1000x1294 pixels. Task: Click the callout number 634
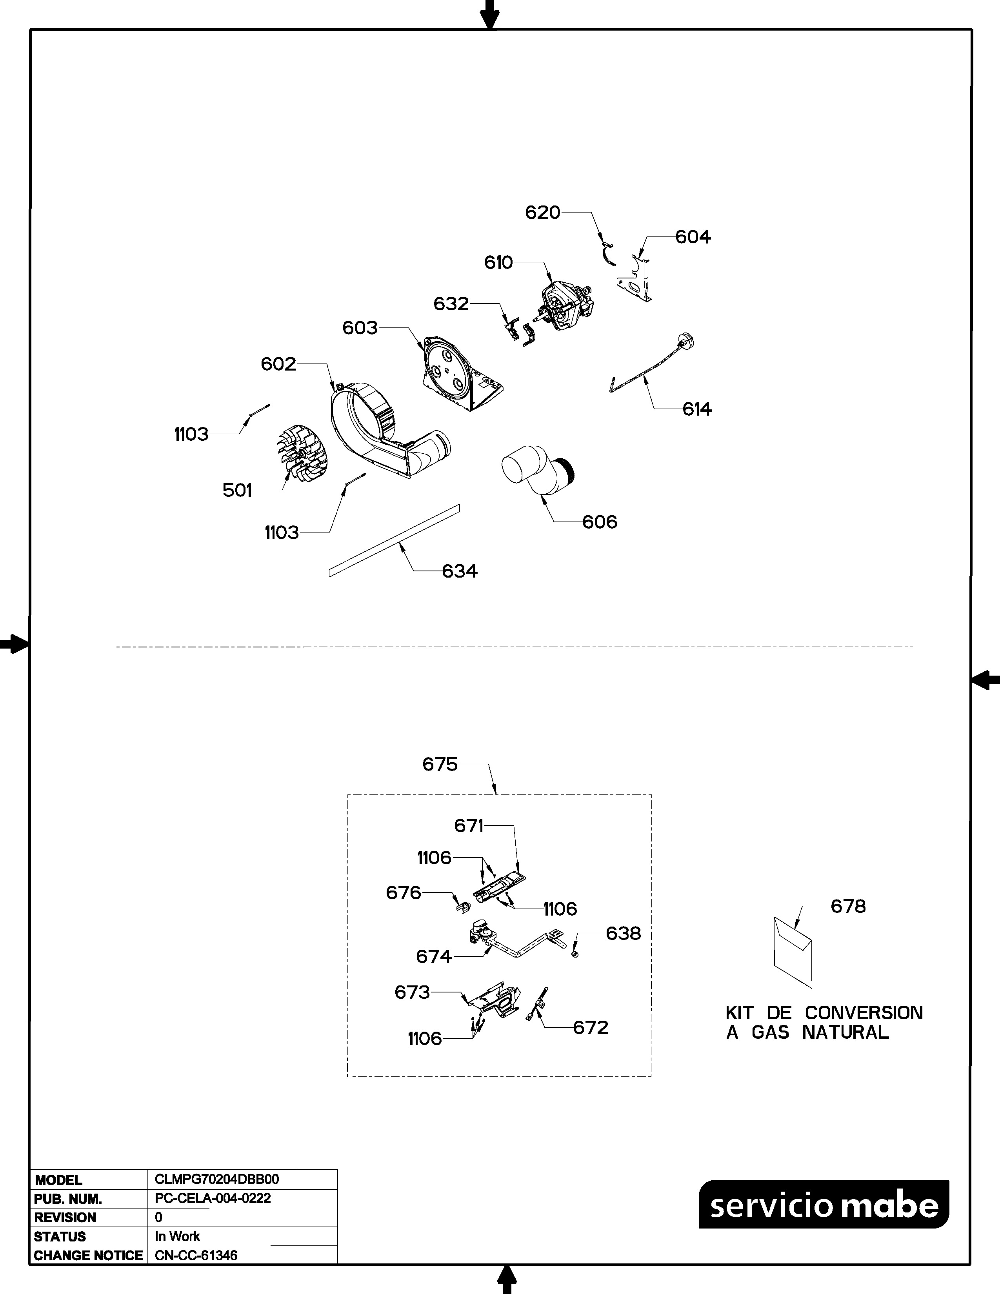(460, 571)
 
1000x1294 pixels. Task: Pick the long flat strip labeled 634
(395, 540)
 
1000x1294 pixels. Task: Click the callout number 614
(697, 409)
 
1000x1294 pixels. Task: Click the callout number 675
(440, 764)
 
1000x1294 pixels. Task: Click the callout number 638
(623, 933)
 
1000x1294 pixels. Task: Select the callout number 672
(591, 1027)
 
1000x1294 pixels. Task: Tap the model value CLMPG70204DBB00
(217, 1179)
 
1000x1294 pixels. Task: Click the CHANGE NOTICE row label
(88, 1256)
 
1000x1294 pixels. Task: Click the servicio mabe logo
(824, 1204)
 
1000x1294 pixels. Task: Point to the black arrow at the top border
(489, 14)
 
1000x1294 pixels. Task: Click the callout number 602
(278, 364)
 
